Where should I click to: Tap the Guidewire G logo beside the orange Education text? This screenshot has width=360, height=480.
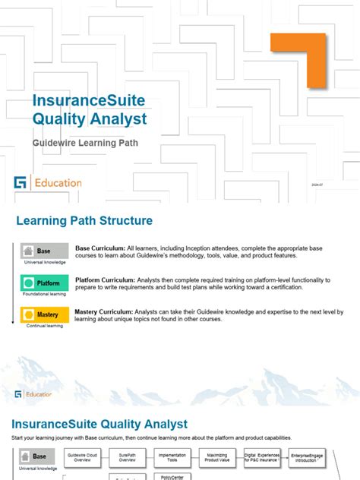pyautogui.click(x=20, y=183)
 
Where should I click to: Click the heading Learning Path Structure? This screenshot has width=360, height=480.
pyautogui.click(x=84, y=221)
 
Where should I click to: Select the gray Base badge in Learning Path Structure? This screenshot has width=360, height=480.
pyautogui.click(x=44, y=251)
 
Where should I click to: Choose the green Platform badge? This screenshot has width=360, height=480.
pyautogui.click(x=44, y=283)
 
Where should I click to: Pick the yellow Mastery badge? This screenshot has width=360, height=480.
pyautogui.click(x=44, y=314)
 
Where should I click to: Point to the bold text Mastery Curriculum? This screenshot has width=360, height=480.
pyautogui.click(x=106, y=311)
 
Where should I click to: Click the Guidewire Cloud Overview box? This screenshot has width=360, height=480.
pyautogui.click(x=83, y=457)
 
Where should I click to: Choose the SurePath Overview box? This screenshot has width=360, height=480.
pyautogui.click(x=127, y=457)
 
